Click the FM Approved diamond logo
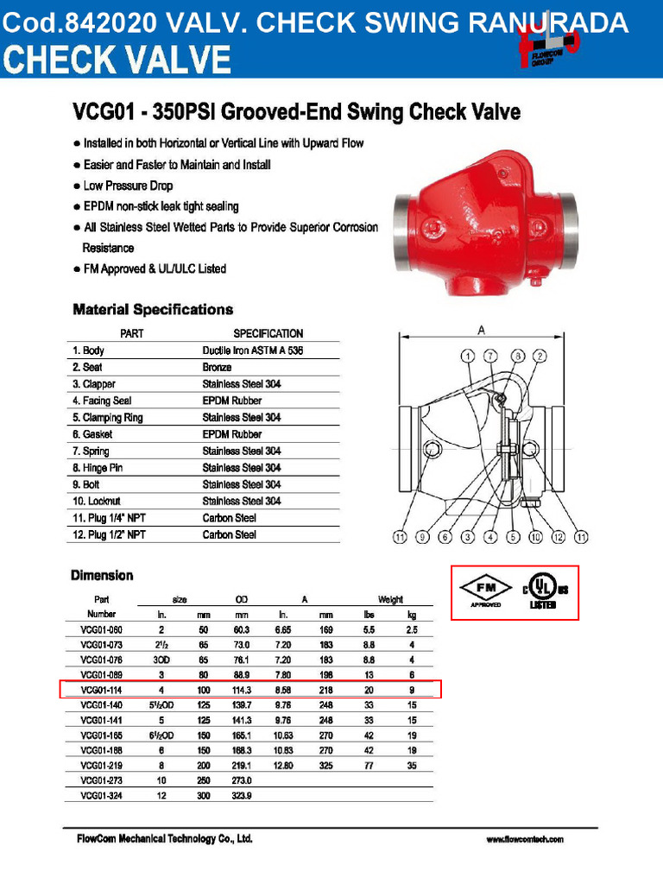click(485, 590)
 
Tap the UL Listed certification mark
click(541, 591)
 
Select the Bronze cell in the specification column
click(217, 367)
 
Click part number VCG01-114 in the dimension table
click(103, 690)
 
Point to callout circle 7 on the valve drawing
click(489, 356)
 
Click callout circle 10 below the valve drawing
click(535, 537)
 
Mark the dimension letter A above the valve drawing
click(481, 330)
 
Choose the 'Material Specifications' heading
click(153, 309)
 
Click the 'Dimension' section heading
click(103, 575)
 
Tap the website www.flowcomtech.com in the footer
click(524, 839)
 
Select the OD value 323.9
click(241, 795)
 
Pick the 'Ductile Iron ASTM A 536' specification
click(252, 350)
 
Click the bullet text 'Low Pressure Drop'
click(128, 186)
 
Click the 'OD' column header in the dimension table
click(241, 599)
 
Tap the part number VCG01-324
click(103, 795)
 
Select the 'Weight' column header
click(390, 599)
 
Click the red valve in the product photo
click(484, 224)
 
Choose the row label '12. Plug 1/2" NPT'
click(109, 534)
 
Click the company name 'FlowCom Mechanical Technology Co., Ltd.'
click(160, 839)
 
